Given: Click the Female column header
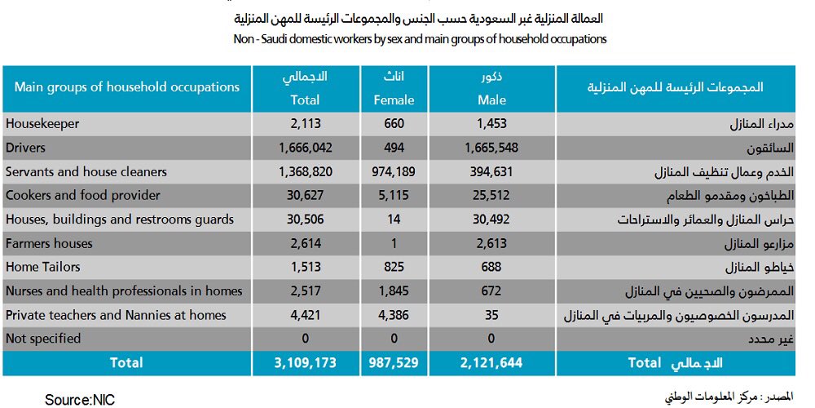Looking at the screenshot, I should click(x=394, y=88).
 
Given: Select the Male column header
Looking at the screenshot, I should click(x=491, y=88).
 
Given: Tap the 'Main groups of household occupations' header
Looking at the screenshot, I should click(x=127, y=86).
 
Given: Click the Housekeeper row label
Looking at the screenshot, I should click(x=42, y=124).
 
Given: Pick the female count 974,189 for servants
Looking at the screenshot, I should click(x=394, y=172).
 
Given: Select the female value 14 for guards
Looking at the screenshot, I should click(x=394, y=220).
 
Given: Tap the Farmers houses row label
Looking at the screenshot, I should click(x=49, y=243).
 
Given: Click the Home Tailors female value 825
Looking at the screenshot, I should click(x=394, y=268).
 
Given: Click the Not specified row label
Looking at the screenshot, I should click(x=43, y=339).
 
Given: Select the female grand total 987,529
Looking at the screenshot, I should click(x=394, y=362).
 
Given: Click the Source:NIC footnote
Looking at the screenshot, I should click(x=81, y=400).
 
